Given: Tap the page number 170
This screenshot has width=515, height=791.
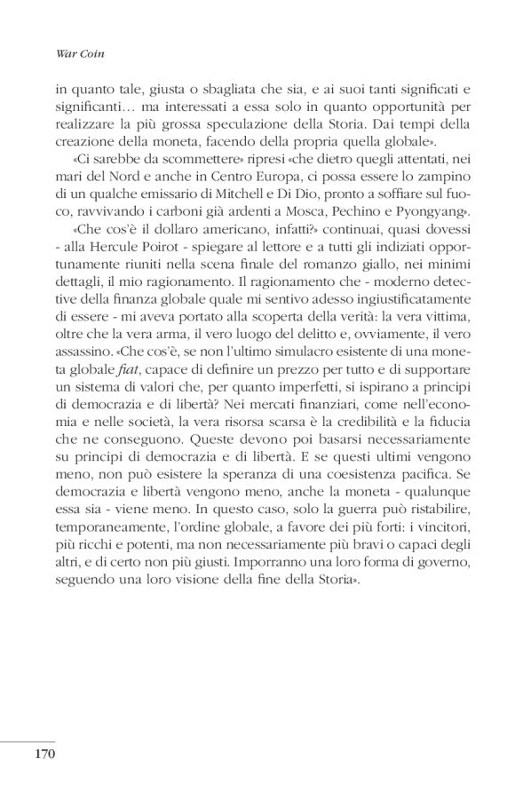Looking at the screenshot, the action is pyautogui.click(x=45, y=755).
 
